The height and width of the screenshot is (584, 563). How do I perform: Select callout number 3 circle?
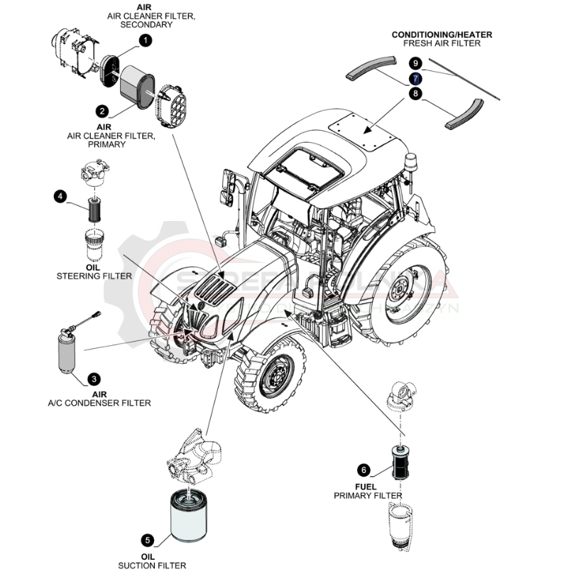coord(94,380)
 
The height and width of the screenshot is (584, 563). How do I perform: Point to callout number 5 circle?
coord(147,541)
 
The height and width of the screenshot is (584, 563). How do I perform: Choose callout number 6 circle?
coord(364,470)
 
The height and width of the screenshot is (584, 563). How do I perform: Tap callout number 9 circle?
coord(416,64)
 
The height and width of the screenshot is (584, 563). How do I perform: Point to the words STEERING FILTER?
coord(94,276)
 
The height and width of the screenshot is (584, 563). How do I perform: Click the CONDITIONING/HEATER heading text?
coord(442,34)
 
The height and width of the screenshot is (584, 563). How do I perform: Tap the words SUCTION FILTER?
coord(152,566)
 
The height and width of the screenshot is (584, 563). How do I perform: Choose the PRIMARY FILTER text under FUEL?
coord(368,495)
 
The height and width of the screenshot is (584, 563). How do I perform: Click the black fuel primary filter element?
coord(398,463)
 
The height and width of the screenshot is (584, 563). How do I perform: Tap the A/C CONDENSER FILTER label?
coord(99,403)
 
